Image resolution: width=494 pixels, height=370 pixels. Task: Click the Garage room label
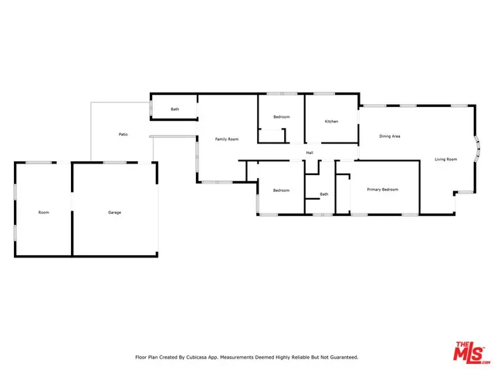(114, 212)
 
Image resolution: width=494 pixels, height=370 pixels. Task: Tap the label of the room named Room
(44, 212)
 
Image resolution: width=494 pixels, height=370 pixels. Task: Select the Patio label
(123, 135)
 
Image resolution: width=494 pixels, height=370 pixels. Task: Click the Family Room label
(226, 139)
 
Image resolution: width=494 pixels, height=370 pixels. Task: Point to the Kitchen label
(331, 122)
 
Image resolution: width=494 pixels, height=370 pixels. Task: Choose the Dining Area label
(389, 136)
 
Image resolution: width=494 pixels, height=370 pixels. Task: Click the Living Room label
(445, 160)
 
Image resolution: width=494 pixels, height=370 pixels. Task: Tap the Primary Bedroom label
(382, 190)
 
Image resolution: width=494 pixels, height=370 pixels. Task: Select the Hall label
(310, 153)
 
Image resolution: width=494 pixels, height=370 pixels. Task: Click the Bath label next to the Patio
(175, 109)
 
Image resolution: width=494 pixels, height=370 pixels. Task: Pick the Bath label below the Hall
(324, 194)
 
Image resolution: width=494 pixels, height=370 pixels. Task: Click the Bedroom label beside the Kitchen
(281, 117)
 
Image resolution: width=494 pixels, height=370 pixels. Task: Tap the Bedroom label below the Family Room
(281, 190)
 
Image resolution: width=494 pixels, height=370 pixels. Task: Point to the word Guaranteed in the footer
(340, 358)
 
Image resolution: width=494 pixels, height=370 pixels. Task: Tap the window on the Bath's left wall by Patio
(151, 109)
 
